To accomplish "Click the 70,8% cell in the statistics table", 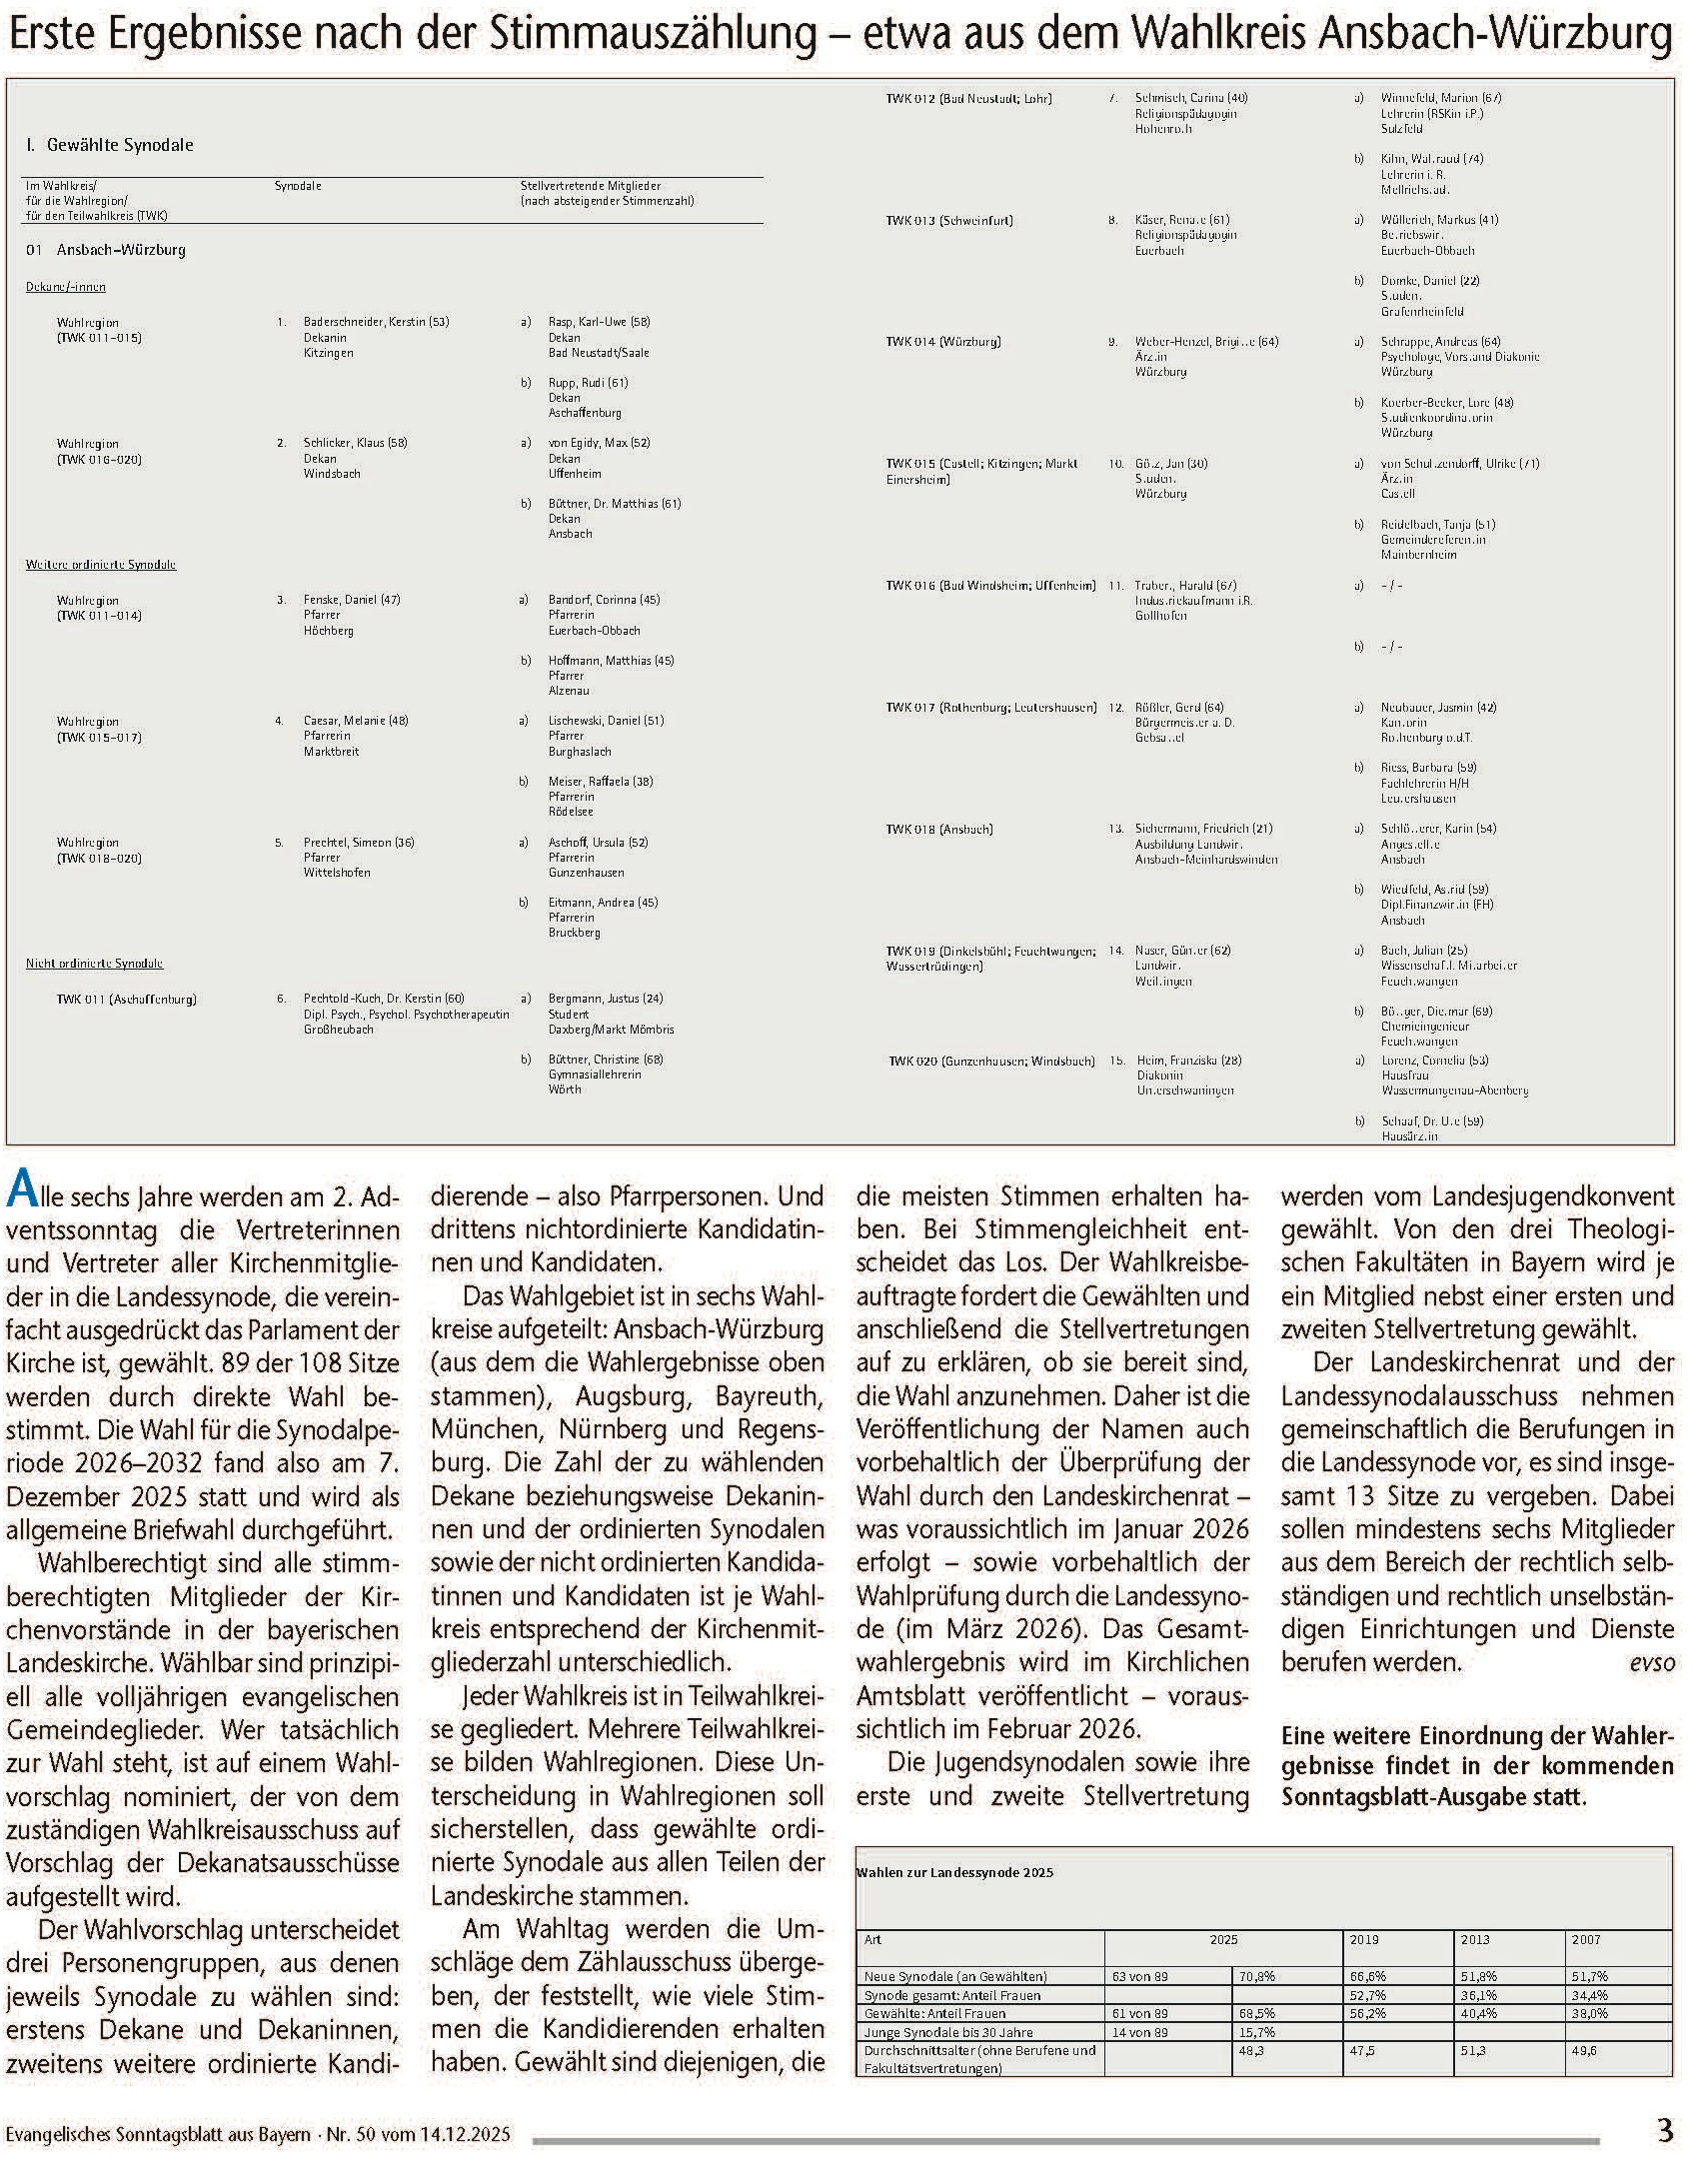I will pos(1256,1976).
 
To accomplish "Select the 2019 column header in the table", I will pos(1364,1939).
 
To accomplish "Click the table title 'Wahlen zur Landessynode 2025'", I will pos(954,1872).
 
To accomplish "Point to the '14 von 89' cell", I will pos(1139,2032).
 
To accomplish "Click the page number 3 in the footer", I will pos(1664,2131).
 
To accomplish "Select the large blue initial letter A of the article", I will pos(22,1191).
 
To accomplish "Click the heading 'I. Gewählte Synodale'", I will pos(110,146).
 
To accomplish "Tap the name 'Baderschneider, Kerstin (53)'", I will pos(377,322).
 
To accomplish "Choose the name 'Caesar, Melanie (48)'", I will pos(356,721).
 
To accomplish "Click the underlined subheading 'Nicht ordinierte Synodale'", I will pos(94,964).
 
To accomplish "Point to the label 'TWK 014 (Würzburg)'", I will pos(942,342).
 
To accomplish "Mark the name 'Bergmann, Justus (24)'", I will pos(606,999).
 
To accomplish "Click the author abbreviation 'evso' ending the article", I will pos(1651,1663).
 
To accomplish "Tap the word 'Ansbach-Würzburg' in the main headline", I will pos(1495,36).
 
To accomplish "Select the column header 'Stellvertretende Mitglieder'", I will pos(590,186).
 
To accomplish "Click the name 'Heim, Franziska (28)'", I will pos(1189,1061).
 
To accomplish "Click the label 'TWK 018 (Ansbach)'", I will pos(938,829).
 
